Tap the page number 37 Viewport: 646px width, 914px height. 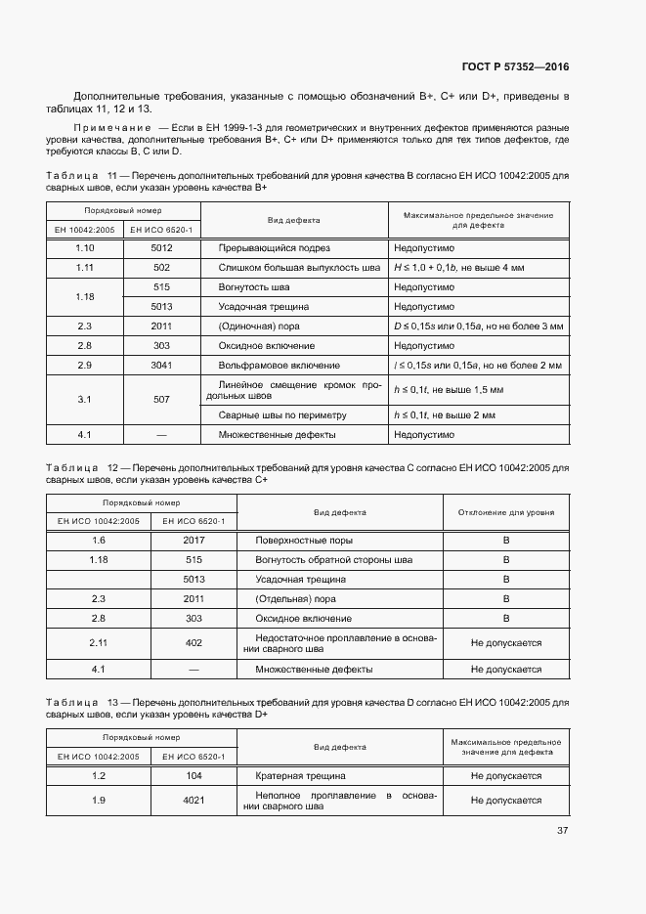(x=562, y=831)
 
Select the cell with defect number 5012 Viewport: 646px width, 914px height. (x=161, y=248)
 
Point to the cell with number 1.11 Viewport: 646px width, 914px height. (x=84, y=267)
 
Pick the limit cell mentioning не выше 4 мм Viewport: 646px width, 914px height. (x=458, y=267)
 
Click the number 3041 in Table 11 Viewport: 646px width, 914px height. (x=161, y=365)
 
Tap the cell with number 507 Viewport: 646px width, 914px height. (x=161, y=399)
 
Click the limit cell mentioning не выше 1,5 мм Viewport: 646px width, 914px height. (x=448, y=390)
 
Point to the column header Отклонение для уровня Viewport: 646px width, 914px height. (x=506, y=511)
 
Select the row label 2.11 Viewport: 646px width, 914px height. (x=98, y=642)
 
